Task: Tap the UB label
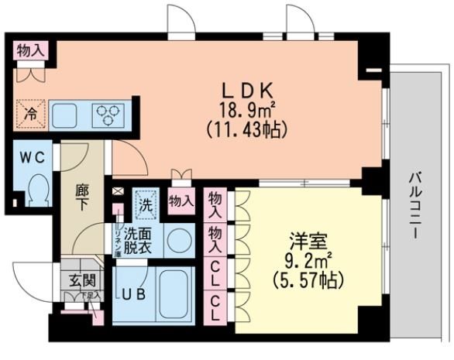click(129, 294)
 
